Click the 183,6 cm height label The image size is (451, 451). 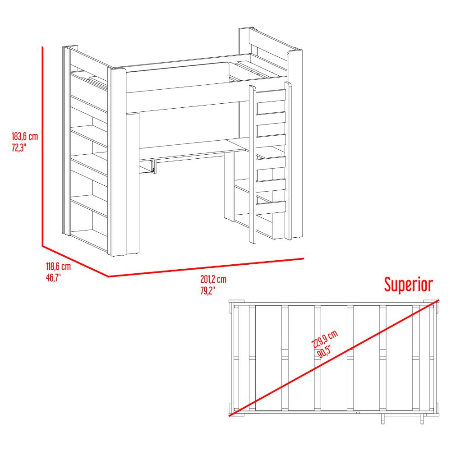click(25, 136)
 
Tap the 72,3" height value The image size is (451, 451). click(19, 148)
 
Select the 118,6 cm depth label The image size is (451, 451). click(58, 267)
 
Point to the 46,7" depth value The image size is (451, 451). click(53, 278)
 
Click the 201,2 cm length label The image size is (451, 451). click(213, 279)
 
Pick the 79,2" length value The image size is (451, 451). click(207, 290)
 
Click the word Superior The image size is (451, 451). click(409, 285)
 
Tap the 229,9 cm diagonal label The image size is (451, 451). click(324, 340)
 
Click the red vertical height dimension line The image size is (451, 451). click(42, 147)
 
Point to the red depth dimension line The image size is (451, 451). click(75, 262)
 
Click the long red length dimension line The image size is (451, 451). click(206, 267)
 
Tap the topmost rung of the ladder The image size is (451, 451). click(271, 96)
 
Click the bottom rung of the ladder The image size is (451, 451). click(271, 207)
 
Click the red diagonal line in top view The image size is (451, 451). click(334, 358)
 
